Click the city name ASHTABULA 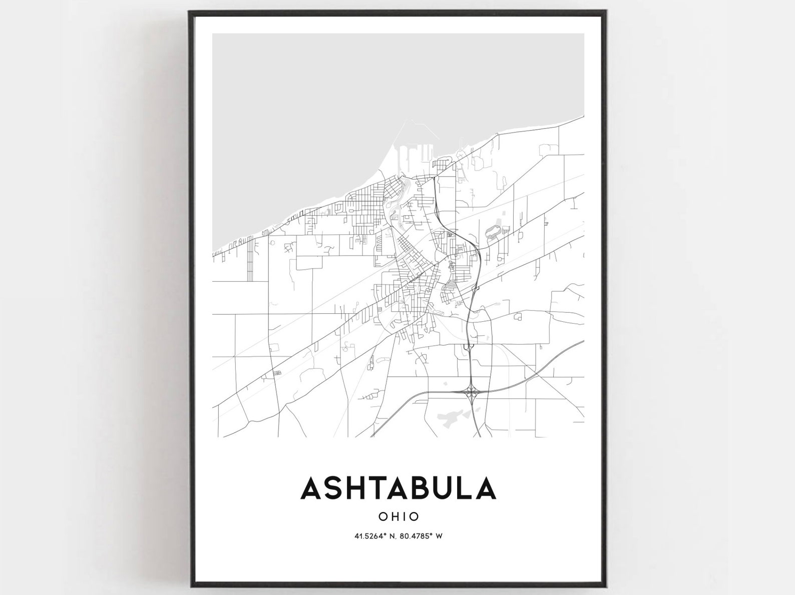pyautogui.click(x=398, y=488)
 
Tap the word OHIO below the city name pyautogui.click(x=399, y=516)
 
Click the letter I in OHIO pyautogui.click(x=404, y=516)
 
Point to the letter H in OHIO pyautogui.click(x=394, y=516)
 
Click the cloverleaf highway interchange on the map pyautogui.click(x=471, y=389)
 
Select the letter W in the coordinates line pyautogui.click(x=439, y=536)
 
